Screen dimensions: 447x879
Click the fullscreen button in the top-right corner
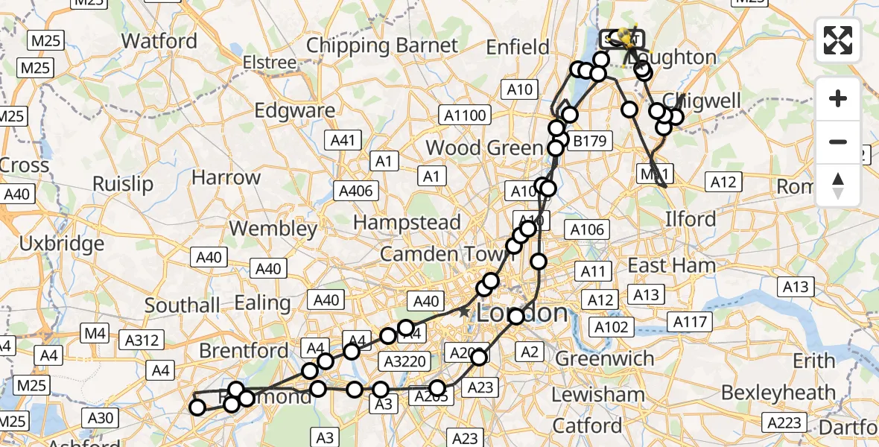(x=838, y=40)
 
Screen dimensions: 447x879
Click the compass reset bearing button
(x=838, y=184)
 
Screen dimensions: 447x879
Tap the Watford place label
(x=159, y=40)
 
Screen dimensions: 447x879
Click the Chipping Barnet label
(x=382, y=45)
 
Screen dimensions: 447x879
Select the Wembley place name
(x=273, y=228)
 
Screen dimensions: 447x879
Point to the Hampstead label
(x=407, y=222)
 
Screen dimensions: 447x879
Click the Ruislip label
(x=123, y=183)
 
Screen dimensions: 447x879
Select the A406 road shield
(x=355, y=191)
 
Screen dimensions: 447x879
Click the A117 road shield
(x=691, y=321)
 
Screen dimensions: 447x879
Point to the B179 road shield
(x=588, y=140)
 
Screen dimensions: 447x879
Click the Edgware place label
(x=294, y=110)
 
